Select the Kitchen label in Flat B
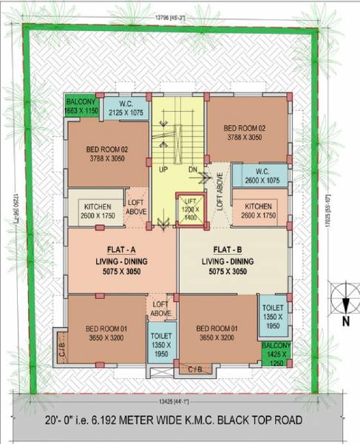[x=258, y=206]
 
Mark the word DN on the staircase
[x=192, y=169]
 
